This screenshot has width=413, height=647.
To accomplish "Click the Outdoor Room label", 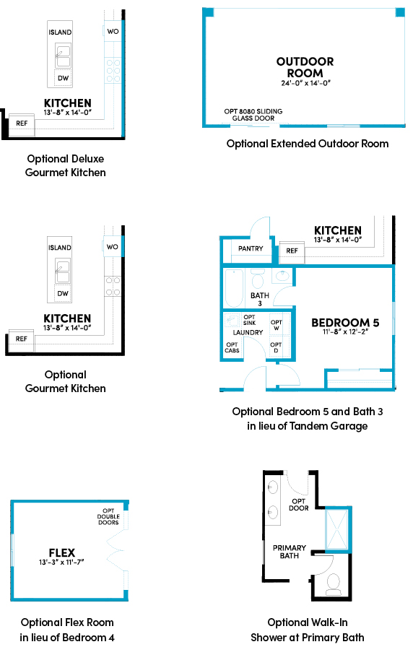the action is pos(305,67).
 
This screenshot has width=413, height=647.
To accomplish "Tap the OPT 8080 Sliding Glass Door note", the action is pos(253,115).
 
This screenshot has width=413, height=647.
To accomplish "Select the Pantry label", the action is pos(251,248).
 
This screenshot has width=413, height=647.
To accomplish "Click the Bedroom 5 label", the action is pos(345,322).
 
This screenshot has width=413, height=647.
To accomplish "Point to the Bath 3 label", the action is pos(260,299).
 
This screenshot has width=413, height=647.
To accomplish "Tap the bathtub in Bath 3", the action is pos(234,288).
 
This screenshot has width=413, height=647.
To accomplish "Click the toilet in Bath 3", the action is pos(258,279).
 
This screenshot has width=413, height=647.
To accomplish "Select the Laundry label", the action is pos(248,332).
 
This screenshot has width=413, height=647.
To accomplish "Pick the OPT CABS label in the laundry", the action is pos(232,347).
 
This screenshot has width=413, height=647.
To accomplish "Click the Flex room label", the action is pos(62,552).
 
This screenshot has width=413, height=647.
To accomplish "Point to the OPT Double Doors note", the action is pos(108,516).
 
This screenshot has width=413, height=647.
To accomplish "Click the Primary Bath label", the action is pos(290,552).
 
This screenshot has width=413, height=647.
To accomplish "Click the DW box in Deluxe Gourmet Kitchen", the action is pos(63,78).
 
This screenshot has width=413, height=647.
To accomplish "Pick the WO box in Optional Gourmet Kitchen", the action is pos(112,247).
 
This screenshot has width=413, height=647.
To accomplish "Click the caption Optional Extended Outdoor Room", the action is pos(308,144).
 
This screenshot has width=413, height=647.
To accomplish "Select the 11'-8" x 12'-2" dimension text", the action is pos(345,331).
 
